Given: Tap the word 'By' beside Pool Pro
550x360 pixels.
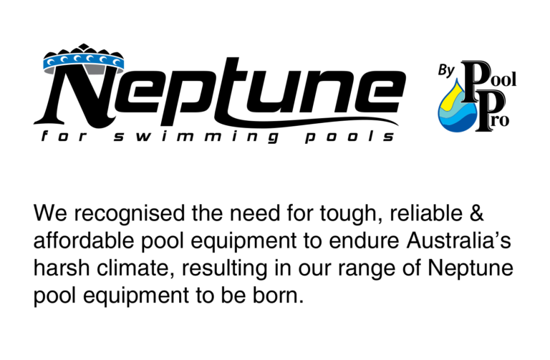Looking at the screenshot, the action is [446, 71].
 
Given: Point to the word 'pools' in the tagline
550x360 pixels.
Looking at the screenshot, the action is [349, 137].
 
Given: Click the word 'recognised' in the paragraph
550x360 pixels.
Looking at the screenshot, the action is [129, 214].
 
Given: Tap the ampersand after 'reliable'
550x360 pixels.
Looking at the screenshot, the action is [476, 213].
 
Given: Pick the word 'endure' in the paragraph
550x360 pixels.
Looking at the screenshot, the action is [364, 240].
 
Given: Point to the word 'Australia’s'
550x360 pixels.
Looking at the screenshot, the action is [458, 240].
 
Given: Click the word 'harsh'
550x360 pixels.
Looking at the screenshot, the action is [62, 268].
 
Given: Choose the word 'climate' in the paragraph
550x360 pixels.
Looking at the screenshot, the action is [135, 268].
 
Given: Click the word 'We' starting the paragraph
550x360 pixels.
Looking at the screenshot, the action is [50, 213].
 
